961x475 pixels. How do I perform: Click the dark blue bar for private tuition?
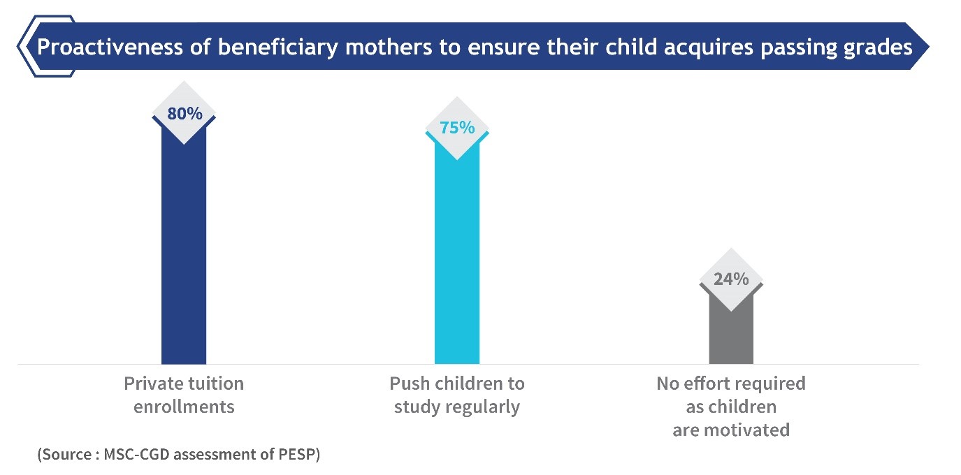[x=184, y=249]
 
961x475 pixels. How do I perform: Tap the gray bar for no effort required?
[x=731, y=330]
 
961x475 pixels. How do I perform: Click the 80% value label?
[x=185, y=114]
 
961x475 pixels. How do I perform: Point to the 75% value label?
[x=457, y=128]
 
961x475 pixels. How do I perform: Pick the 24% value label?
[x=731, y=279]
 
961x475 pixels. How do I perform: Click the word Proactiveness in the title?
[x=110, y=47]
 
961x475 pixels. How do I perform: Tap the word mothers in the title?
[x=389, y=47]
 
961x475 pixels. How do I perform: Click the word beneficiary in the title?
[x=278, y=48]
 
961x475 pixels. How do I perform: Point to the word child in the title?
[x=631, y=47]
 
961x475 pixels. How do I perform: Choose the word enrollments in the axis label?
[x=184, y=407]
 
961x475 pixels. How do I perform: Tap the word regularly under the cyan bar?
[x=482, y=407]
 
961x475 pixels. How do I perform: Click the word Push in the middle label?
[x=409, y=383]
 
